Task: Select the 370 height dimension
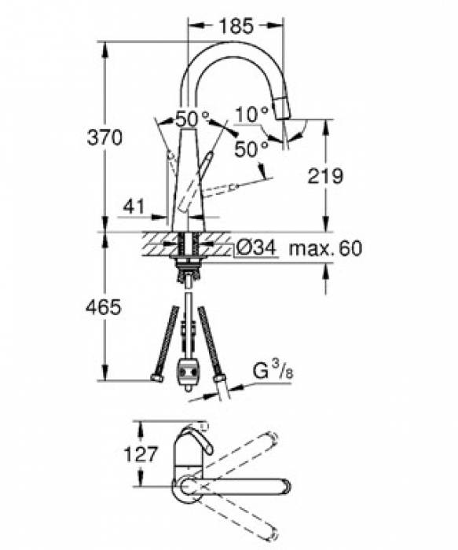coord(104,137)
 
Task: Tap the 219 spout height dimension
coord(324,177)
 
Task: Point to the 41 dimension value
coord(134,207)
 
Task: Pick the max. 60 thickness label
coord(324,249)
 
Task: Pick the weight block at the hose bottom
coord(187,369)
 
